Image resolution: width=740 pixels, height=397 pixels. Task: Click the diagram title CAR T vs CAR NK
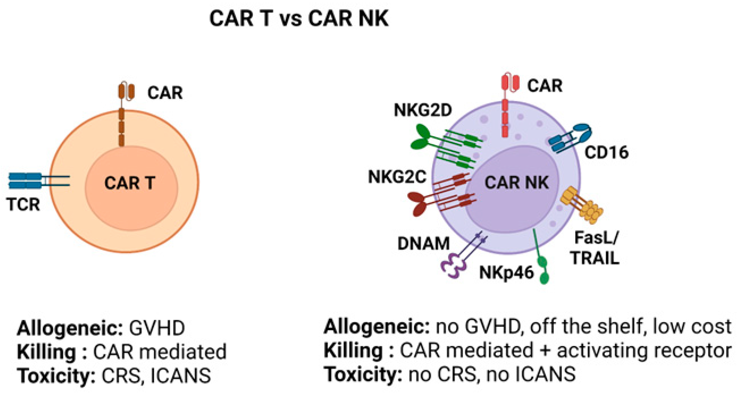click(299, 18)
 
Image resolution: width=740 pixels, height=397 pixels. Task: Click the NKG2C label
click(397, 177)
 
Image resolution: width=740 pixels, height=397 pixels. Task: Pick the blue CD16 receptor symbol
click(570, 138)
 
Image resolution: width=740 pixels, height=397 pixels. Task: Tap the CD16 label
click(606, 152)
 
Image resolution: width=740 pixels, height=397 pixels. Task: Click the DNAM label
click(423, 244)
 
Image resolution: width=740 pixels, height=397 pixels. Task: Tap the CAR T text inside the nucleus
click(130, 183)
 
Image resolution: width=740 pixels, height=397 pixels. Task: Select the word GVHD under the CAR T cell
click(157, 328)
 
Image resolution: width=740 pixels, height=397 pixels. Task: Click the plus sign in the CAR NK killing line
click(545, 351)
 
